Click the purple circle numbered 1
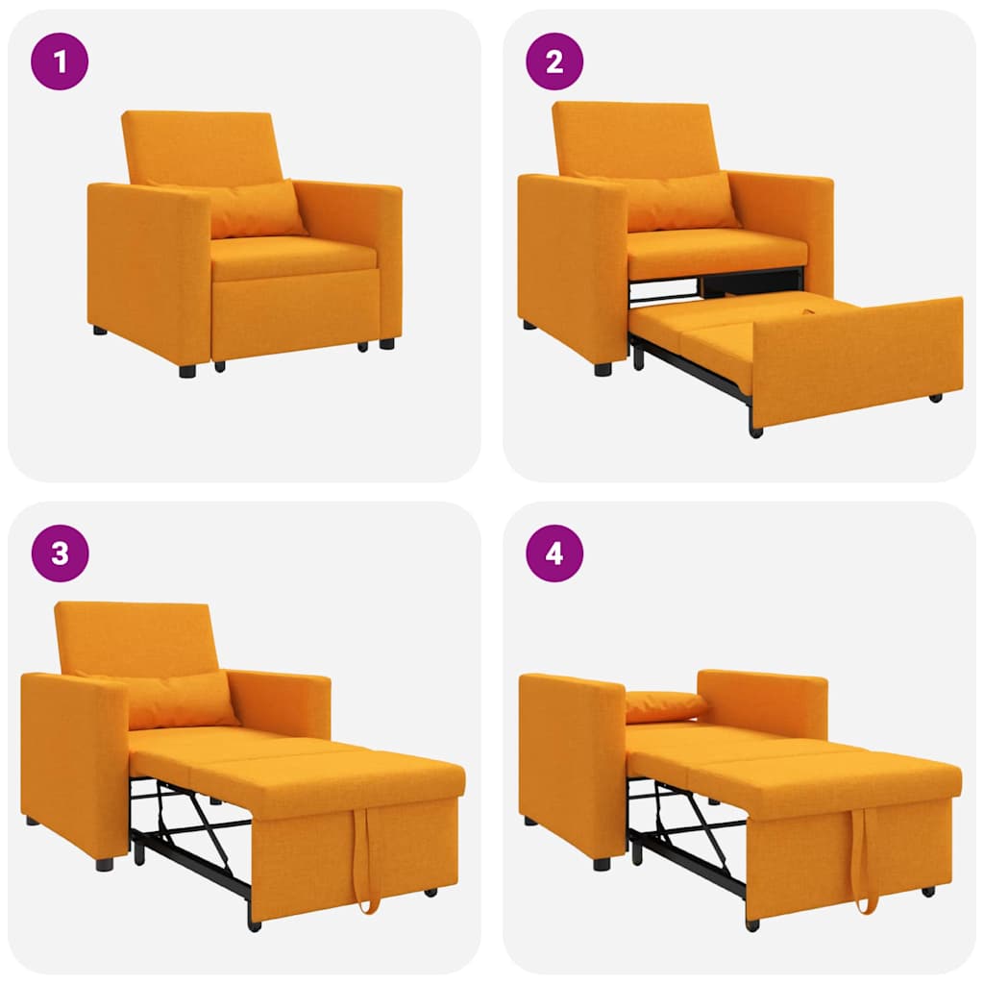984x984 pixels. (60, 61)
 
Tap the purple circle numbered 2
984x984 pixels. (554, 61)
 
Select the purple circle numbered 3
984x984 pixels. (60, 553)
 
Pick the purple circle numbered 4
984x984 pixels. (554, 553)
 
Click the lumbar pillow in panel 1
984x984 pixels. (256, 208)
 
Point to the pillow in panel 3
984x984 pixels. (183, 699)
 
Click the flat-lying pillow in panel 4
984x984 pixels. (665, 705)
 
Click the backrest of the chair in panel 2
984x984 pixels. (631, 136)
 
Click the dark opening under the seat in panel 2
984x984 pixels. (750, 282)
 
